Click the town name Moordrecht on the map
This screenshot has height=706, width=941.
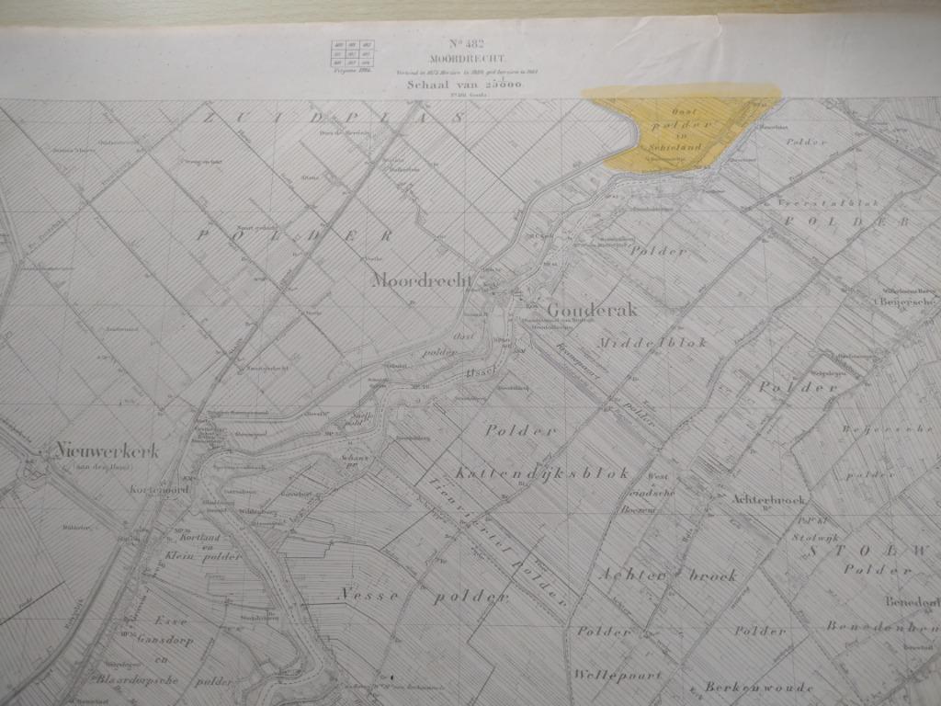421,280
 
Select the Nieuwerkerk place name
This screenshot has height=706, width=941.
107,450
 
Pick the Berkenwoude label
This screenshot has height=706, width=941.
743,687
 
